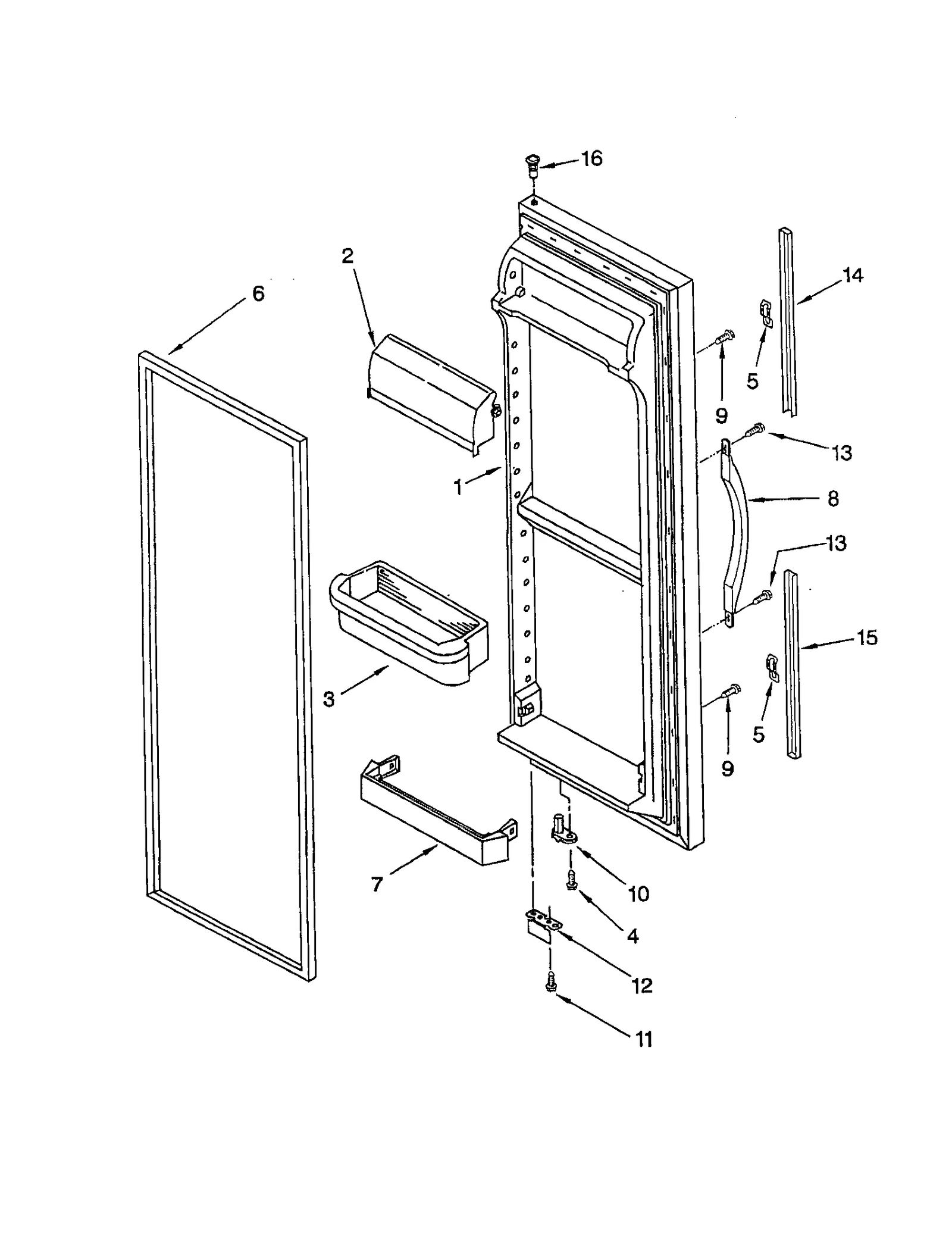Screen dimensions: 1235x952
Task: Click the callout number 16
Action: coord(592,159)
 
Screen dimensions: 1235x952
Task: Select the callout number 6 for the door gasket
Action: coord(258,293)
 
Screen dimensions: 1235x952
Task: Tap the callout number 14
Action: coord(852,275)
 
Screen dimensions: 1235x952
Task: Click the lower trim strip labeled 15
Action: coord(793,664)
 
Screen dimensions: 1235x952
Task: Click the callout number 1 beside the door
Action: coord(458,487)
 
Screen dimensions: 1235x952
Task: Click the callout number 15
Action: coord(867,637)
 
